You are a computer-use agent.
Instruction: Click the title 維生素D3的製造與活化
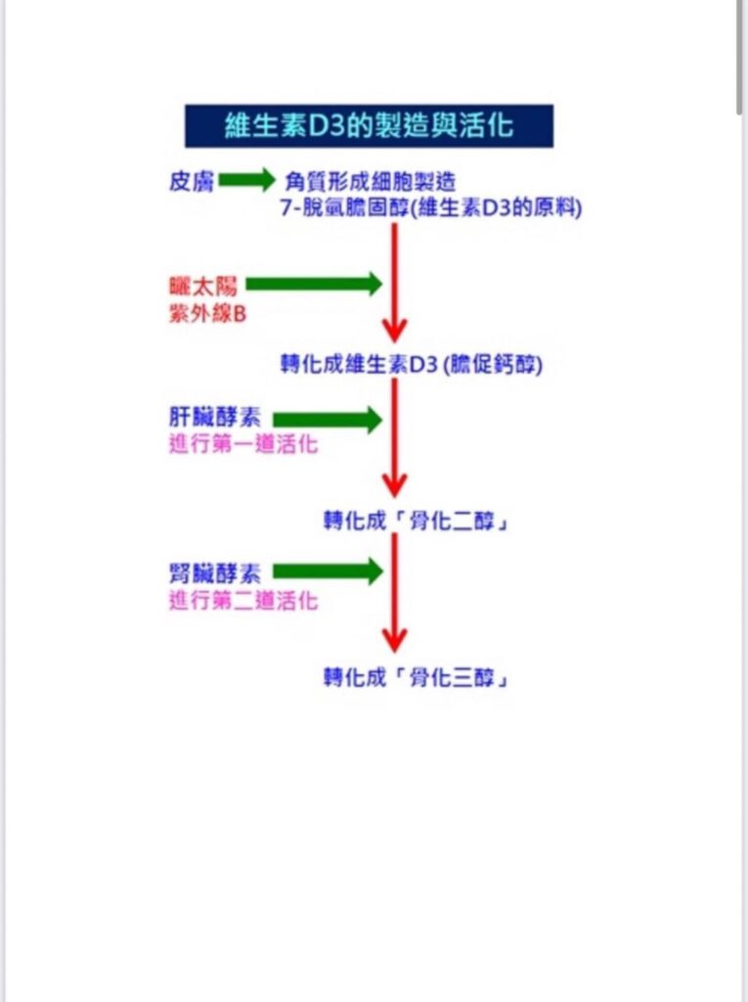(369, 125)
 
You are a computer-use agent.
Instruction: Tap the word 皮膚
(191, 181)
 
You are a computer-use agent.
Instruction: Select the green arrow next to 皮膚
(247, 180)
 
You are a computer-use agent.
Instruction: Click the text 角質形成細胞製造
(371, 182)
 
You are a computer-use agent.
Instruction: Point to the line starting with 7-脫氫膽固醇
(431, 207)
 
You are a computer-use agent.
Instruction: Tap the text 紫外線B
(207, 314)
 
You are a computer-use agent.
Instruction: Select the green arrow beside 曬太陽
(314, 284)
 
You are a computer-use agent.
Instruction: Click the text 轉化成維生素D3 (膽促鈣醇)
(412, 364)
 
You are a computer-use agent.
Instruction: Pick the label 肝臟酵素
(215, 417)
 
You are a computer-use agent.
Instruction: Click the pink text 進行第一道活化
(243, 443)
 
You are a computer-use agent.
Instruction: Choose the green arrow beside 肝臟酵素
(328, 420)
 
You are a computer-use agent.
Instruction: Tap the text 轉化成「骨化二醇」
(416, 521)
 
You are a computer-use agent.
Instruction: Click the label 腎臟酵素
(215, 573)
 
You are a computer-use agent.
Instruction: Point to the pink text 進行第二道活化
(243, 601)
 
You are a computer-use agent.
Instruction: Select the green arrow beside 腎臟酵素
(328, 571)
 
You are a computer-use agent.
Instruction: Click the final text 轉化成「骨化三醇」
(416, 677)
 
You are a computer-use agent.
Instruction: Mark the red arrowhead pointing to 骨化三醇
(395, 639)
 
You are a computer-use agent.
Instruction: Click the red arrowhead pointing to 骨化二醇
(395, 483)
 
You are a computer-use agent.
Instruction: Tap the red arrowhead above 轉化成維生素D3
(395, 330)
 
